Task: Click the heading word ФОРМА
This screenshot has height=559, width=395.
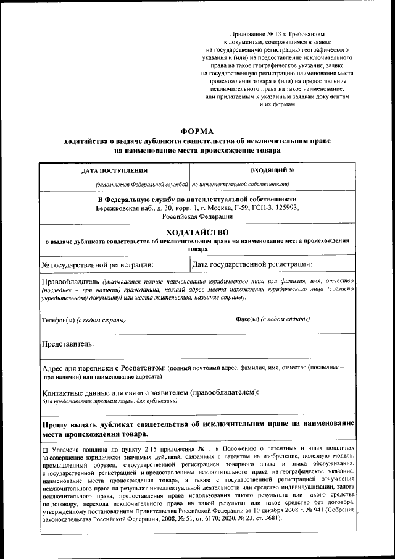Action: pos(197,132)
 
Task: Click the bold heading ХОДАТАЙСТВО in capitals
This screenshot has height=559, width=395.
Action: pos(197,232)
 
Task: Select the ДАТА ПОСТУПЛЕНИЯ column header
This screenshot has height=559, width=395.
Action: pos(115,170)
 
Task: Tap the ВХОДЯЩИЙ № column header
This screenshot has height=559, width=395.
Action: pos(272,170)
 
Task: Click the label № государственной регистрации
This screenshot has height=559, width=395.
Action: pos(97,265)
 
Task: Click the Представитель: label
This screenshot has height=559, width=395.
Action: pos(67,343)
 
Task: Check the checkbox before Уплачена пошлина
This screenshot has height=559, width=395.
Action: pos(45,448)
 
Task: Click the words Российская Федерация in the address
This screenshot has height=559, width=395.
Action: pos(197,217)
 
